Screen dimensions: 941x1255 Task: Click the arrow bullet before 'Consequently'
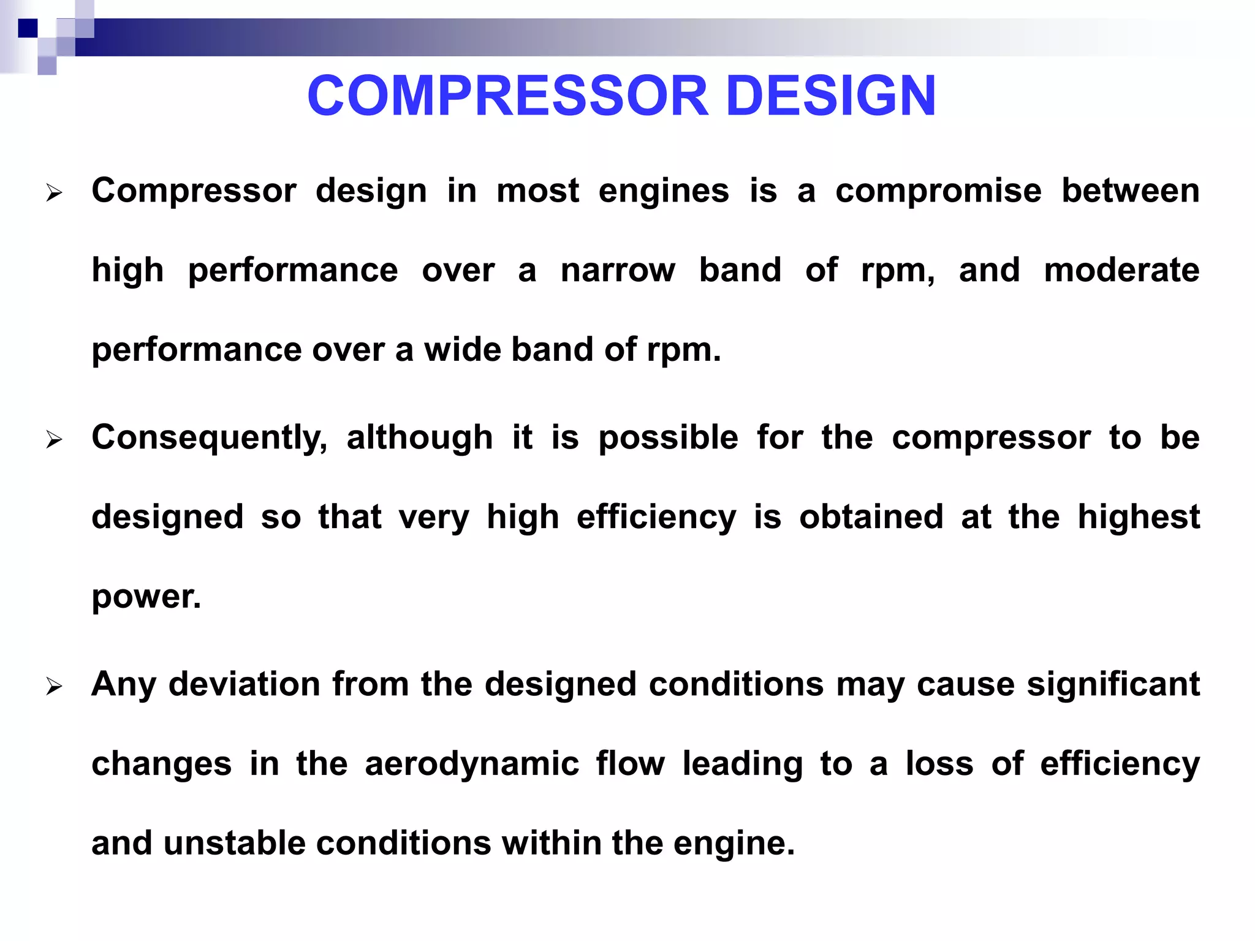point(55,440)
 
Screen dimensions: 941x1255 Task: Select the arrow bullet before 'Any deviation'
point(55,687)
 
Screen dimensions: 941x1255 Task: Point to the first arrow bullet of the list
point(55,194)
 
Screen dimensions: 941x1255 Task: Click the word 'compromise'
point(938,191)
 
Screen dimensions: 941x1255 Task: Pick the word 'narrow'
point(618,271)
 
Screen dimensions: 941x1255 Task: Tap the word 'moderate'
point(1121,271)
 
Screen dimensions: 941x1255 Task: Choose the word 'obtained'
point(871,518)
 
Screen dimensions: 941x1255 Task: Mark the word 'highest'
point(1139,518)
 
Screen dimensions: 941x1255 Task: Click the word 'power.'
point(146,597)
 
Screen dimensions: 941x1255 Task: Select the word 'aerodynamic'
point(472,765)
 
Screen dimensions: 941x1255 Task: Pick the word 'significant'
point(1113,684)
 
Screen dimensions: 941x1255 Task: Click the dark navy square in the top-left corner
point(28,28)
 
